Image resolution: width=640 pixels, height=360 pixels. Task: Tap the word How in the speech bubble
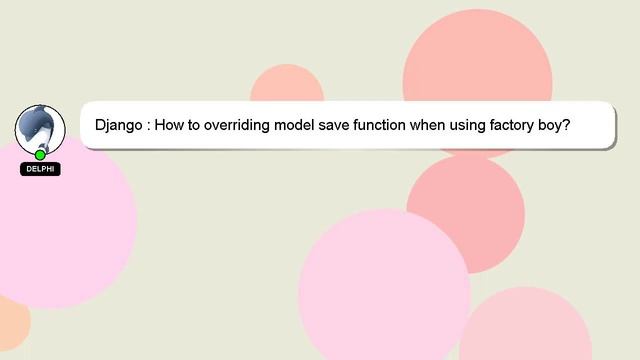coord(173,127)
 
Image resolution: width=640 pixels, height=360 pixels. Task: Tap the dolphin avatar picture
coord(40,126)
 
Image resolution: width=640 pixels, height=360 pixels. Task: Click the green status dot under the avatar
coord(40,155)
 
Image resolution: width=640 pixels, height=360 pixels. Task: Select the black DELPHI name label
coord(40,169)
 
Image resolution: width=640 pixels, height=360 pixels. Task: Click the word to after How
coord(197,127)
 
